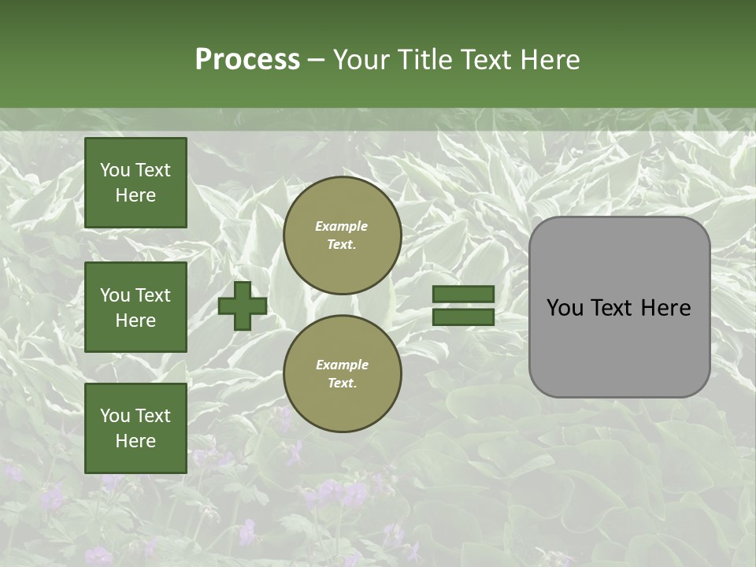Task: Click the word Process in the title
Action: pos(247,60)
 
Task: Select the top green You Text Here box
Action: pos(135,183)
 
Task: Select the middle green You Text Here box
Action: pos(135,307)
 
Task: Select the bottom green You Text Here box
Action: pos(135,428)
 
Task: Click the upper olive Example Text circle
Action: pos(342,235)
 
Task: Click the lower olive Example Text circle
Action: pos(342,373)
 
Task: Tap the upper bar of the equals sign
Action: pos(463,295)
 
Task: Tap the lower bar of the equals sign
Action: pos(463,317)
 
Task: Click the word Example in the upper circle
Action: pos(342,226)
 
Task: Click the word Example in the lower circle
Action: pos(342,365)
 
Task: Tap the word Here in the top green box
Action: pos(135,195)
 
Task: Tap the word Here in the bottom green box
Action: pos(135,441)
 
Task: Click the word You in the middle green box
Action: pos(115,295)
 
